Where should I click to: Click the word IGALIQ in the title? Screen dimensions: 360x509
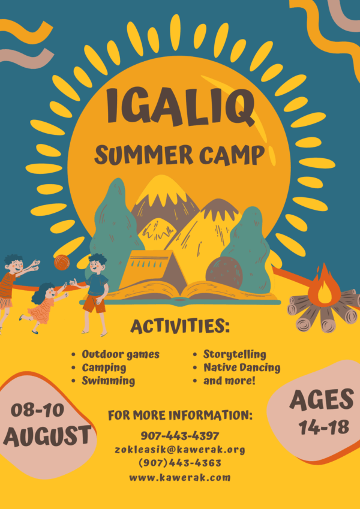tap(180, 107)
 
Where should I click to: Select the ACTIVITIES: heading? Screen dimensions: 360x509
tap(180, 326)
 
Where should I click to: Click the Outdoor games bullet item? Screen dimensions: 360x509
tap(121, 354)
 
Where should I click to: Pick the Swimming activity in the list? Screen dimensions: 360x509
tap(108, 381)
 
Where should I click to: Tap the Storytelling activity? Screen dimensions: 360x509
tap(235, 354)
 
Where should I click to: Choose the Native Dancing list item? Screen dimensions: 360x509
tap(242, 368)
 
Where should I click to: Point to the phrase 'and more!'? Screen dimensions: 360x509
tap(229, 381)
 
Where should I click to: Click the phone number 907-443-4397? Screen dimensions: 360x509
tap(180, 435)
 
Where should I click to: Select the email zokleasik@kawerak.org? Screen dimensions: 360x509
tap(180, 450)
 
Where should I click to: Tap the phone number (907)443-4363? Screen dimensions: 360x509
tap(180, 463)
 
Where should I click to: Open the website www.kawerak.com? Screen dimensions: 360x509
tap(180, 477)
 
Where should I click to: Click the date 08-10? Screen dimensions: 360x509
tap(37, 410)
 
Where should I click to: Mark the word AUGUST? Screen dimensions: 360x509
tap(47, 435)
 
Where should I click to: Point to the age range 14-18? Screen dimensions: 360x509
tap(324, 427)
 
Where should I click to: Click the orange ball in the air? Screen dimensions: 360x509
tap(62, 262)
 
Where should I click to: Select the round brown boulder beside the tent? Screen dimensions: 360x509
tap(224, 273)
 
